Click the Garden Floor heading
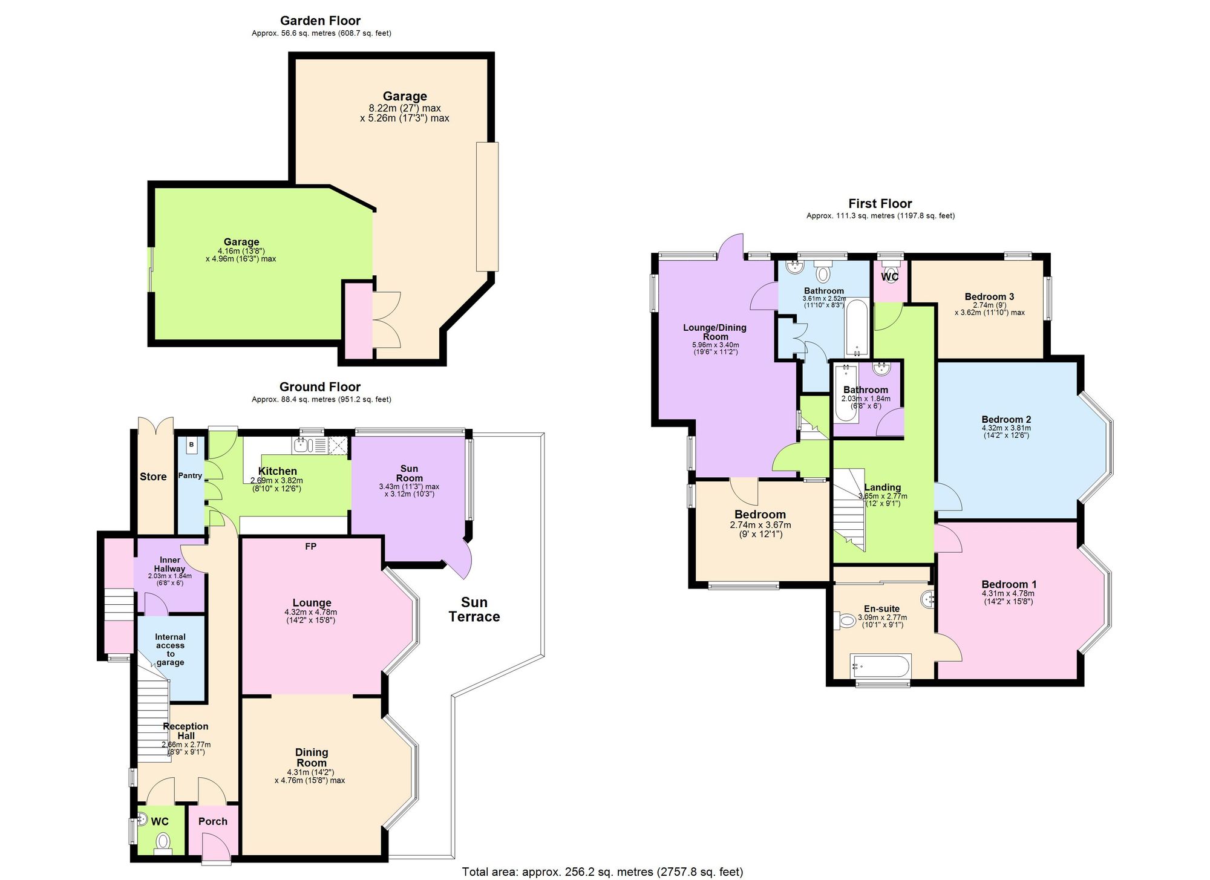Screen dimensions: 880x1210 coord(320,21)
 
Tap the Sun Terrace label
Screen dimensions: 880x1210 coord(474,609)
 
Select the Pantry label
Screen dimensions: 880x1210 coord(190,475)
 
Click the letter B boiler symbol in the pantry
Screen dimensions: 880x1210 coord(191,445)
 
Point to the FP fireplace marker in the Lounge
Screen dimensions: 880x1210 coord(310,547)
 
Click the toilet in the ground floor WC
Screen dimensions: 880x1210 coord(162,841)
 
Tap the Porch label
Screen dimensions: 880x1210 coord(213,821)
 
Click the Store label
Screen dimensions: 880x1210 coord(153,477)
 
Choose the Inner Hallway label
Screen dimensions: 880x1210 coord(169,564)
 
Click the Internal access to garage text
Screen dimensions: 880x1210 coord(170,649)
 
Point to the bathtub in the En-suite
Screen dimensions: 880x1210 coord(880,666)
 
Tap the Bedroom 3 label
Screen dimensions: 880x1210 coord(989,296)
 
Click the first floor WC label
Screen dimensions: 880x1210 coord(889,276)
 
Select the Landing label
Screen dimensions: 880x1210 coord(882,487)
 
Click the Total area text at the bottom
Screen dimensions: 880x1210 coord(602,872)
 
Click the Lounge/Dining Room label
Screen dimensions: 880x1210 coord(715,332)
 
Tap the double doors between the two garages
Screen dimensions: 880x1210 coord(387,319)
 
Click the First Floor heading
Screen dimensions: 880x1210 coord(880,203)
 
